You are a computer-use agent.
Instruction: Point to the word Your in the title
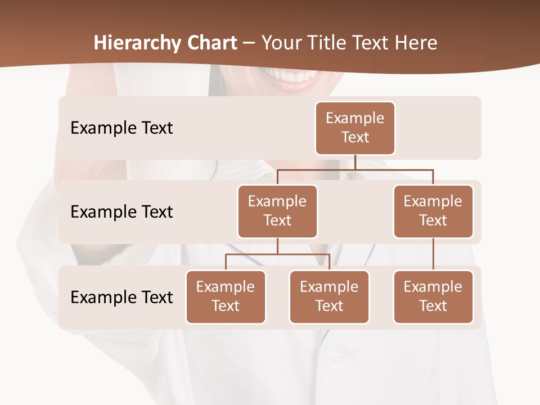(x=280, y=43)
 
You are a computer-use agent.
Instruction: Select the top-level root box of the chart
(x=355, y=128)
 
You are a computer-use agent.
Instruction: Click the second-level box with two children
(x=277, y=211)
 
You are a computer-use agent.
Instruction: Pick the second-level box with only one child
(x=433, y=211)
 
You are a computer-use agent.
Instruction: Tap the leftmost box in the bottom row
(x=226, y=296)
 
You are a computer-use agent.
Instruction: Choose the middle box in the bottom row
(x=329, y=296)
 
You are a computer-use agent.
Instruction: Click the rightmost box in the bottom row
(x=433, y=296)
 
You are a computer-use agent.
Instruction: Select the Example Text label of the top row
(x=121, y=128)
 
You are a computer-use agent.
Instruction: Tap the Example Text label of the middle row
(x=121, y=211)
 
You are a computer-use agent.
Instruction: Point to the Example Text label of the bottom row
(x=121, y=297)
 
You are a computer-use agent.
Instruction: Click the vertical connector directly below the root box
(x=355, y=162)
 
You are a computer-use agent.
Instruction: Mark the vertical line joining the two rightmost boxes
(x=433, y=254)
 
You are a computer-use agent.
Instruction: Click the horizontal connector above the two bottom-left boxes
(x=277, y=254)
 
